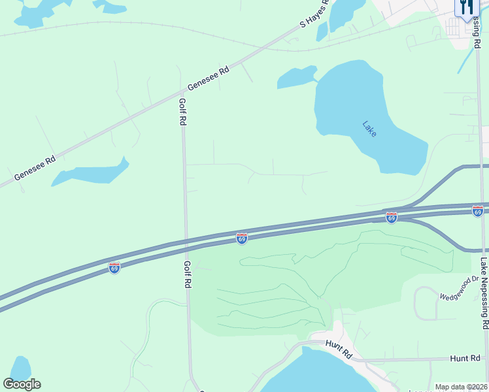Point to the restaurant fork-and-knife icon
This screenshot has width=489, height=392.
466,8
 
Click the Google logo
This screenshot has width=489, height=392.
22,384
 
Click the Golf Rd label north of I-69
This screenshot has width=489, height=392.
183,112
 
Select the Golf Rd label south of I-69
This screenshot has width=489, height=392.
187,275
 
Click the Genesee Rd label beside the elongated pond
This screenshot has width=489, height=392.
35,169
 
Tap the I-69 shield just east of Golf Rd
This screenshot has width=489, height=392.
242,239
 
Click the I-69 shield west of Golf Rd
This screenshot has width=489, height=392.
114,268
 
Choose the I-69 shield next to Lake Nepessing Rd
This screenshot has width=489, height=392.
478,211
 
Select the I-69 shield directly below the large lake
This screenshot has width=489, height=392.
392,218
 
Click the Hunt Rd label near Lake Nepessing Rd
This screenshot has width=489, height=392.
465,359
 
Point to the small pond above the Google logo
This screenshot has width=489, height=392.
20,367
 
